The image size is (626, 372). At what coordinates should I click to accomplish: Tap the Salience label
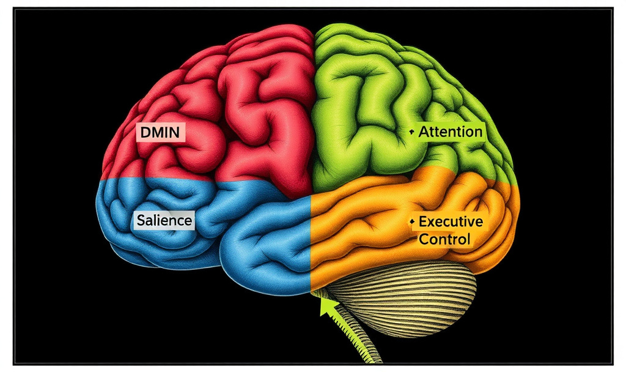[x=164, y=220]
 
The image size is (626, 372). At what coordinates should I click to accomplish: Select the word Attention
[x=451, y=132]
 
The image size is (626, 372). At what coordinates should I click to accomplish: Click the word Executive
[x=451, y=221]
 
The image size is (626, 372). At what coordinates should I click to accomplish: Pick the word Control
[x=444, y=239]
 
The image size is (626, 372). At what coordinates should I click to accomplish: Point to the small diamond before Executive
[x=413, y=221]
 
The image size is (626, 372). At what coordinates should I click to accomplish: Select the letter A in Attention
[x=424, y=132]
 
